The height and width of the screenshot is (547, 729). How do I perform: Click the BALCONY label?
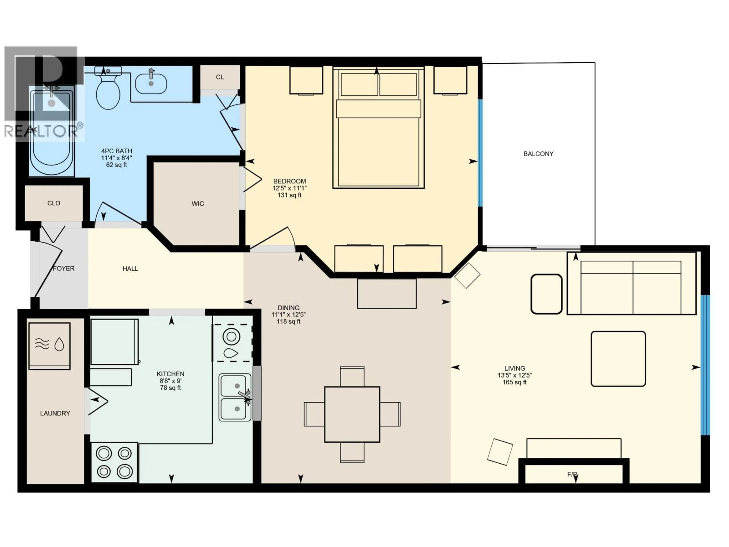tap(538, 154)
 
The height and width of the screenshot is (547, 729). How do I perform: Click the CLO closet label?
tap(54, 203)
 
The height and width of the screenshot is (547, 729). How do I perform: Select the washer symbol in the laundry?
tap(49, 345)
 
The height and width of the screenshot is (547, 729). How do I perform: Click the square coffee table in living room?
tap(618, 359)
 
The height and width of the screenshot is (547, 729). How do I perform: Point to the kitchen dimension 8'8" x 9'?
tap(170, 381)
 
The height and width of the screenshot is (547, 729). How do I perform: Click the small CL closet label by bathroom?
tap(220, 77)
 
